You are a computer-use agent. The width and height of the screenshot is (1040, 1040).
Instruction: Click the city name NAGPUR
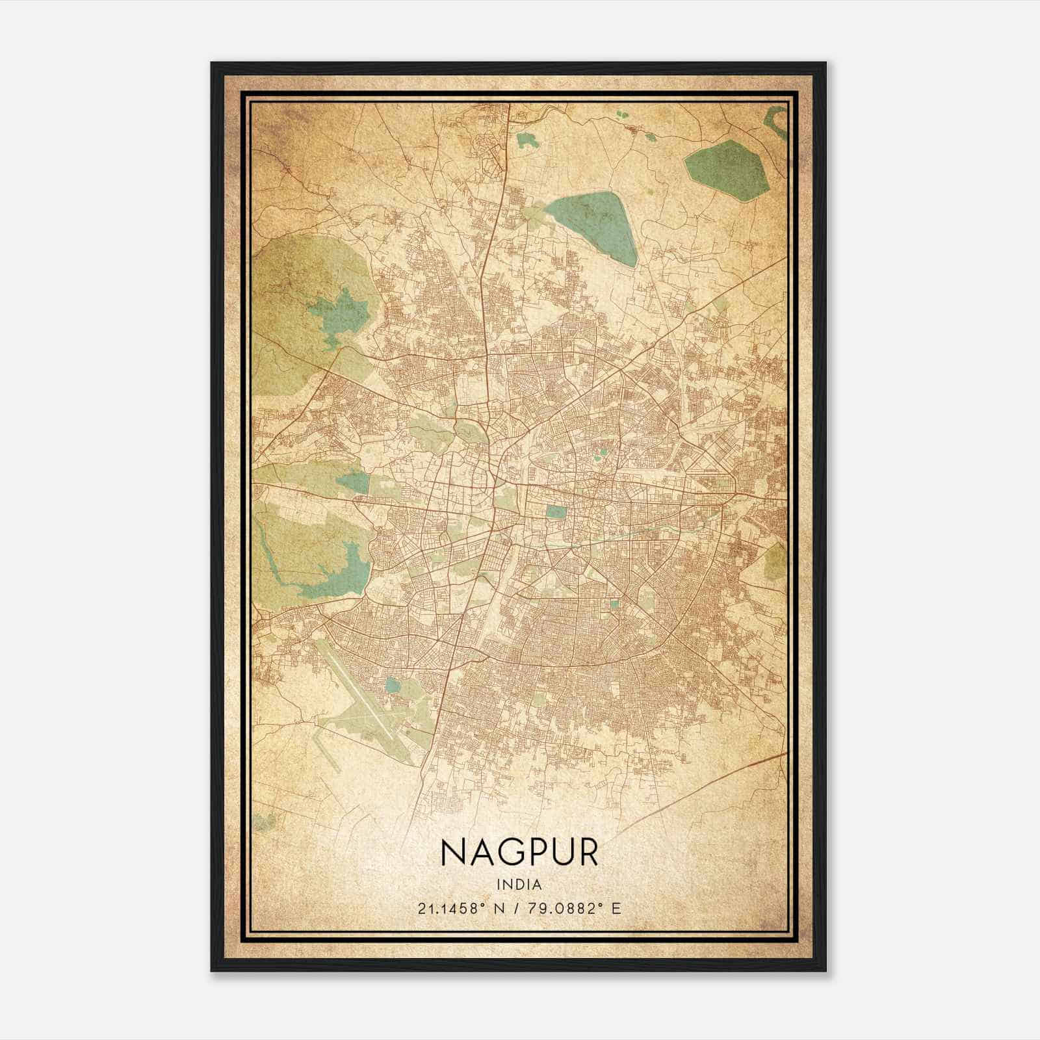[x=519, y=852]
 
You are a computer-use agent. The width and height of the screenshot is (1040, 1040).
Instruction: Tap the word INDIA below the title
[x=519, y=884]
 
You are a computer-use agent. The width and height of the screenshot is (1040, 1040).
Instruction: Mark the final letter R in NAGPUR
[x=587, y=852]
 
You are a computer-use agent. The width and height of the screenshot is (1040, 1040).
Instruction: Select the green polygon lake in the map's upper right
[x=727, y=168]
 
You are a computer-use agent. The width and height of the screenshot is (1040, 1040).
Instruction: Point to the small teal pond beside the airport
[x=393, y=684]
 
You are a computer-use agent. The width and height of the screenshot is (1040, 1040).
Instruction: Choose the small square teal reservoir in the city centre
[x=556, y=512]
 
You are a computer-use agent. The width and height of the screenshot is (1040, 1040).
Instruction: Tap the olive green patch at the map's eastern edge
[x=775, y=562]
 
